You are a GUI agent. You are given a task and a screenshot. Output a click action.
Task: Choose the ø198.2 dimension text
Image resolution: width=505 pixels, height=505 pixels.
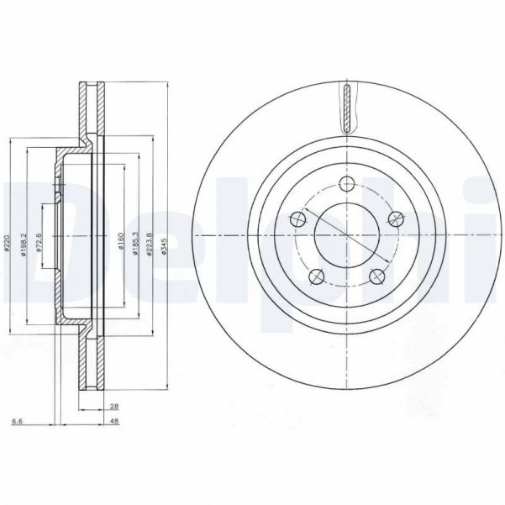[26, 245]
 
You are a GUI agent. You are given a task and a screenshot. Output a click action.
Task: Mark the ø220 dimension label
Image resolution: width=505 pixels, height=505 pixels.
[8, 245]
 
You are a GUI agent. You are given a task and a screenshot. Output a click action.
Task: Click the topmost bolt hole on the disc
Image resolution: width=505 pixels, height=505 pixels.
[346, 186]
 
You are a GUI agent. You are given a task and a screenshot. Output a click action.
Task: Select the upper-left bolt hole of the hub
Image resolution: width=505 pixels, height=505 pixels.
[296, 220]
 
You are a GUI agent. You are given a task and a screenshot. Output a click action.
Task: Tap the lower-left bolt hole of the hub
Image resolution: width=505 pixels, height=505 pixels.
[315, 276]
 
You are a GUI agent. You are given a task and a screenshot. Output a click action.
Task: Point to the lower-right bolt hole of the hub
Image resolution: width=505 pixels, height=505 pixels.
[376, 276]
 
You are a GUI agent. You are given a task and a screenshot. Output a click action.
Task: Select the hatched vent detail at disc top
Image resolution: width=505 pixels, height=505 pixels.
[346, 108]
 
